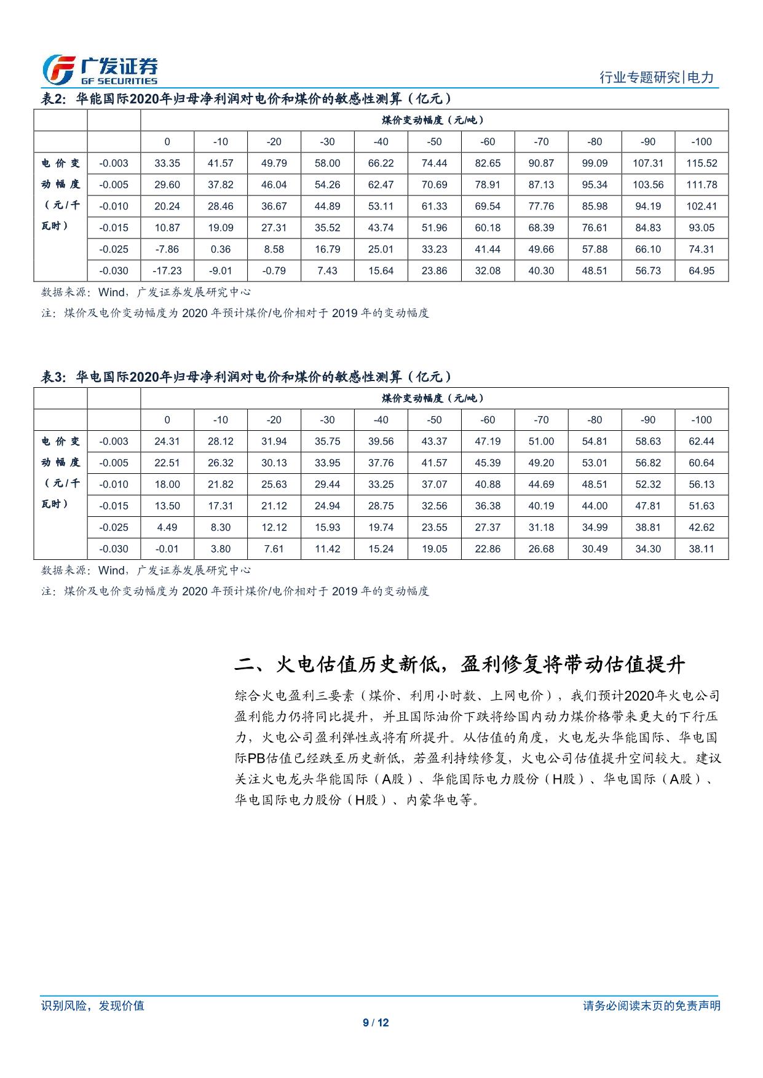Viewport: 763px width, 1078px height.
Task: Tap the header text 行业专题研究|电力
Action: click(x=656, y=77)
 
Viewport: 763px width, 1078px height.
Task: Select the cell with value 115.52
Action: click(x=701, y=163)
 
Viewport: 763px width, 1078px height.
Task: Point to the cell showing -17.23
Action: click(x=167, y=271)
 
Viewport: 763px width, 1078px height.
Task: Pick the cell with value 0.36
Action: click(x=220, y=250)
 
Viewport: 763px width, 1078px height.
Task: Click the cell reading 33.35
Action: click(x=167, y=163)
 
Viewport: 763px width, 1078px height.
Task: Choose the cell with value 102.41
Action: click(x=701, y=207)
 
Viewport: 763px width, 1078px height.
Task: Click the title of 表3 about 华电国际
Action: click(x=246, y=377)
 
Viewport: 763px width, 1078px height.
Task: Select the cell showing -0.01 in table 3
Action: click(x=167, y=549)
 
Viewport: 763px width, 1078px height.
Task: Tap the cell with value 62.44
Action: click(x=701, y=441)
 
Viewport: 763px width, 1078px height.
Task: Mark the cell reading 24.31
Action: click(x=167, y=441)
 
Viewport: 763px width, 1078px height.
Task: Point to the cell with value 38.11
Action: click(x=701, y=549)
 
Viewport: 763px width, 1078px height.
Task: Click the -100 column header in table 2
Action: click(x=701, y=142)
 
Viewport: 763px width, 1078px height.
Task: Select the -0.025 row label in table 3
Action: click(x=114, y=527)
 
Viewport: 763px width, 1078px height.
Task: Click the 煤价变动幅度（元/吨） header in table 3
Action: click(x=434, y=398)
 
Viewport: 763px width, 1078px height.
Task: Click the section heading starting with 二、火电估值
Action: click(x=460, y=664)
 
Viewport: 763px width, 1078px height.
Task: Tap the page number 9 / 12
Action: click(x=376, y=1023)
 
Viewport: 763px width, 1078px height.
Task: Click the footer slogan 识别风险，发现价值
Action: click(x=92, y=1005)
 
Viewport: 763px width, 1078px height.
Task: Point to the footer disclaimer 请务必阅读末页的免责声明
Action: click(x=651, y=1005)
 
